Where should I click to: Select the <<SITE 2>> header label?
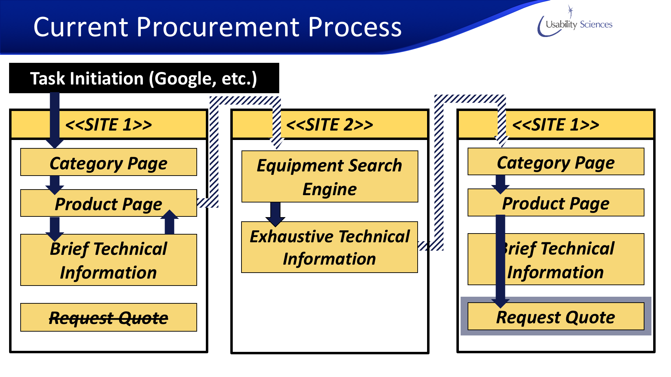[330, 125]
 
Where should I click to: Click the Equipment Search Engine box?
[330, 177]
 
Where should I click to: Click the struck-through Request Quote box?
[109, 317]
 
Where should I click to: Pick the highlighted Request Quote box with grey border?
[556, 317]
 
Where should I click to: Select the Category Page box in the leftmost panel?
[109, 162]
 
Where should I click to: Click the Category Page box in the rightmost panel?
[556, 162]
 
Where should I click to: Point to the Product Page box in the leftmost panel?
[109, 203]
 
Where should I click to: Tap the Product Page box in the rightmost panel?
[556, 202]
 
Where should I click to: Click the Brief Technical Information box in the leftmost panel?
[109, 260]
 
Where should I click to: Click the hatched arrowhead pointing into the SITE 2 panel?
[277, 141]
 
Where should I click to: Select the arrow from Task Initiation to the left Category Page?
[55, 119]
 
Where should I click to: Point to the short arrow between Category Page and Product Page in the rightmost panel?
[500, 184]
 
